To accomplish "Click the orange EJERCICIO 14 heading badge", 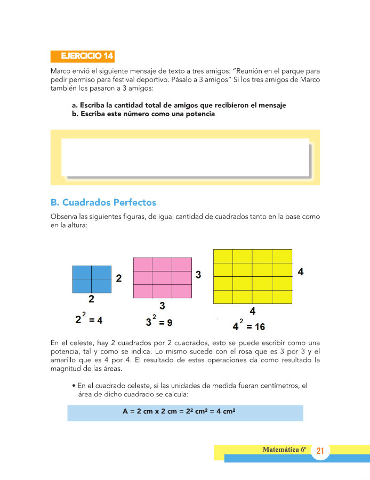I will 83,56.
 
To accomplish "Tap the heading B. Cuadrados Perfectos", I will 103,203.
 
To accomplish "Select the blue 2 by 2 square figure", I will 92,279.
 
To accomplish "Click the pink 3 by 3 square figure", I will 163,278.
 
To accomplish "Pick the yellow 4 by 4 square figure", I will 252,276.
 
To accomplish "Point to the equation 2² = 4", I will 89,319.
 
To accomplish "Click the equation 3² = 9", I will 159,322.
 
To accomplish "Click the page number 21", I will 320,451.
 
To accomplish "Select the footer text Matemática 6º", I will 284,450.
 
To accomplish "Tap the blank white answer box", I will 185,157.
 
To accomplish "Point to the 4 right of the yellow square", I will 301,271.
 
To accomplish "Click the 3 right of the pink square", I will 198,275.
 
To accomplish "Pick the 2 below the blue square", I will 91,299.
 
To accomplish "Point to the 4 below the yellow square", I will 252,311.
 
